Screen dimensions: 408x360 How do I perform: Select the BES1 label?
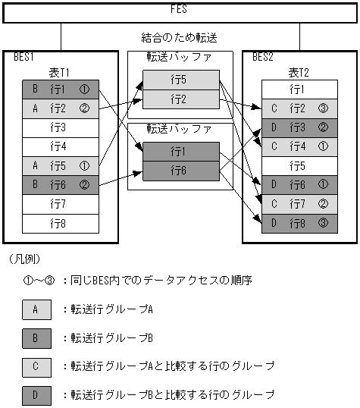[24, 57]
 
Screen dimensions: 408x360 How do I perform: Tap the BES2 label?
[264, 57]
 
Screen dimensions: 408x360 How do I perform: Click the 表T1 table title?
[60, 71]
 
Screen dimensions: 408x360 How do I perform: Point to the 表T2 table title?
[299, 71]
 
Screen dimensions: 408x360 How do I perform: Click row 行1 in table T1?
[60, 89]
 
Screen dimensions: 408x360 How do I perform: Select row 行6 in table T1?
[60, 184]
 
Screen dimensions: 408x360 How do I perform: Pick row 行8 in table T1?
[60, 223]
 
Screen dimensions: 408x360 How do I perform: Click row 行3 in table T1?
[60, 127]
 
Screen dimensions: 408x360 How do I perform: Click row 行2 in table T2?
[299, 108]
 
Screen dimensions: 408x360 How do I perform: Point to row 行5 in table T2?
[299, 165]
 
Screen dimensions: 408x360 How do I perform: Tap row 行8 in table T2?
[299, 223]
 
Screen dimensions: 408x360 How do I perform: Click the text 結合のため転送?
[180, 36]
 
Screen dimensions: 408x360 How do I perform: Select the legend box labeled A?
[36, 309]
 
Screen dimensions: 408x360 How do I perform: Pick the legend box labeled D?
[36, 394]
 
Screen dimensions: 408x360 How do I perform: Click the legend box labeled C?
[36, 366]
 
